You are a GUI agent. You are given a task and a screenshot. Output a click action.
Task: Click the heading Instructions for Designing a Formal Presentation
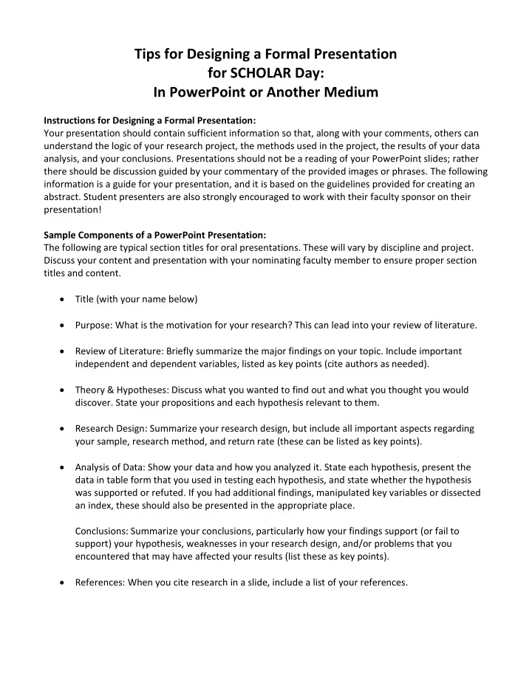tap(150, 120)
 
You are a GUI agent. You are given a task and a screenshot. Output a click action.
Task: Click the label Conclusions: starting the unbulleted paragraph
tap(103, 531)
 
